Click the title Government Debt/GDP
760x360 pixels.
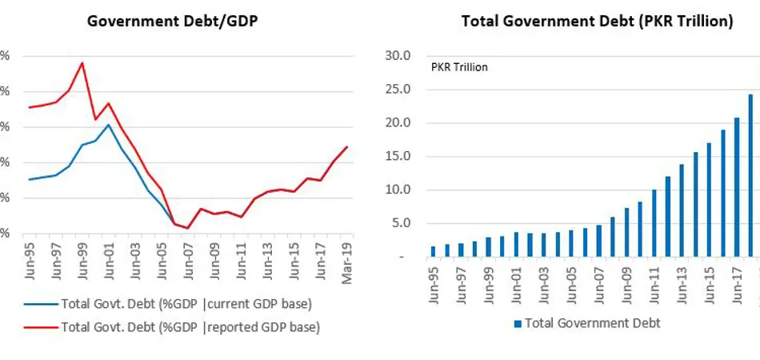point(172,22)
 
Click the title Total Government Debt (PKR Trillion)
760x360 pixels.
point(597,22)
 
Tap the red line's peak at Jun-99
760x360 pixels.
point(82,63)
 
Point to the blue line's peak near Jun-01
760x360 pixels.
point(109,124)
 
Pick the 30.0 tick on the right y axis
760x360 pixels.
point(398,56)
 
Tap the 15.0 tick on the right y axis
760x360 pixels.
point(398,157)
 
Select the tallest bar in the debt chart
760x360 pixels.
point(750,176)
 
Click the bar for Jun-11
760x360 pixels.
point(654,223)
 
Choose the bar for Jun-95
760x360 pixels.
point(433,251)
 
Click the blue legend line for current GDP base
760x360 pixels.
point(37,304)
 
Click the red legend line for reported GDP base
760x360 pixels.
point(37,326)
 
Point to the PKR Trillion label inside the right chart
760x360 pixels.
point(459,67)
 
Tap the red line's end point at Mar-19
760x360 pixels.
point(346,146)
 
